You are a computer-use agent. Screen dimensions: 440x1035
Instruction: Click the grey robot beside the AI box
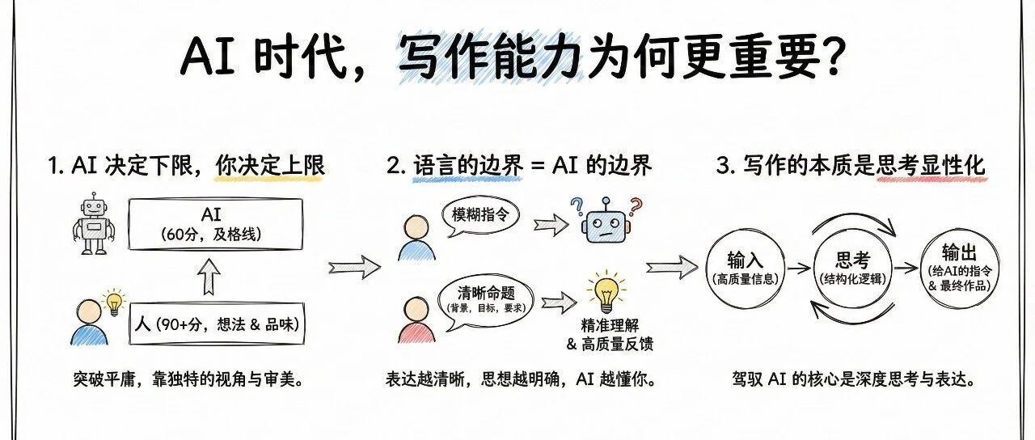point(95,224)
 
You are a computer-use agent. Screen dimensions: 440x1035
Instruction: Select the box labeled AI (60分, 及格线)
point(214,223)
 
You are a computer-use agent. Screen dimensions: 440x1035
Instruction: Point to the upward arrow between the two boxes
point(209,277)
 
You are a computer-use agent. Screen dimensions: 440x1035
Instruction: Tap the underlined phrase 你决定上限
point(270,166)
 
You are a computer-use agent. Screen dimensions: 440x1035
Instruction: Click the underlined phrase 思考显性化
point(931,166)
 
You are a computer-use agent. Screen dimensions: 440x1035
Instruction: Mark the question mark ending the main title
point(831,57)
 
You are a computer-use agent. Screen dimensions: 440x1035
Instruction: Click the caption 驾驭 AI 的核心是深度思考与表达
point(851,379)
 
